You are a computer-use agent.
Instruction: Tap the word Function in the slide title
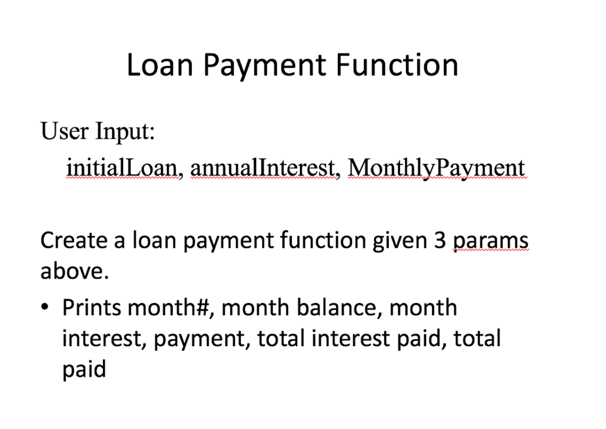click(397, 65)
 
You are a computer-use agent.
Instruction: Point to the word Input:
click(125, 132)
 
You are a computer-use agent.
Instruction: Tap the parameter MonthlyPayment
click(436, 168)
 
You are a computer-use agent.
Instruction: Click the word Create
click(73, 241)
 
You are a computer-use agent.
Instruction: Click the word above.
click(75, 272)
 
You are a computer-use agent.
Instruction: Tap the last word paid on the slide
click(84, 369)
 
